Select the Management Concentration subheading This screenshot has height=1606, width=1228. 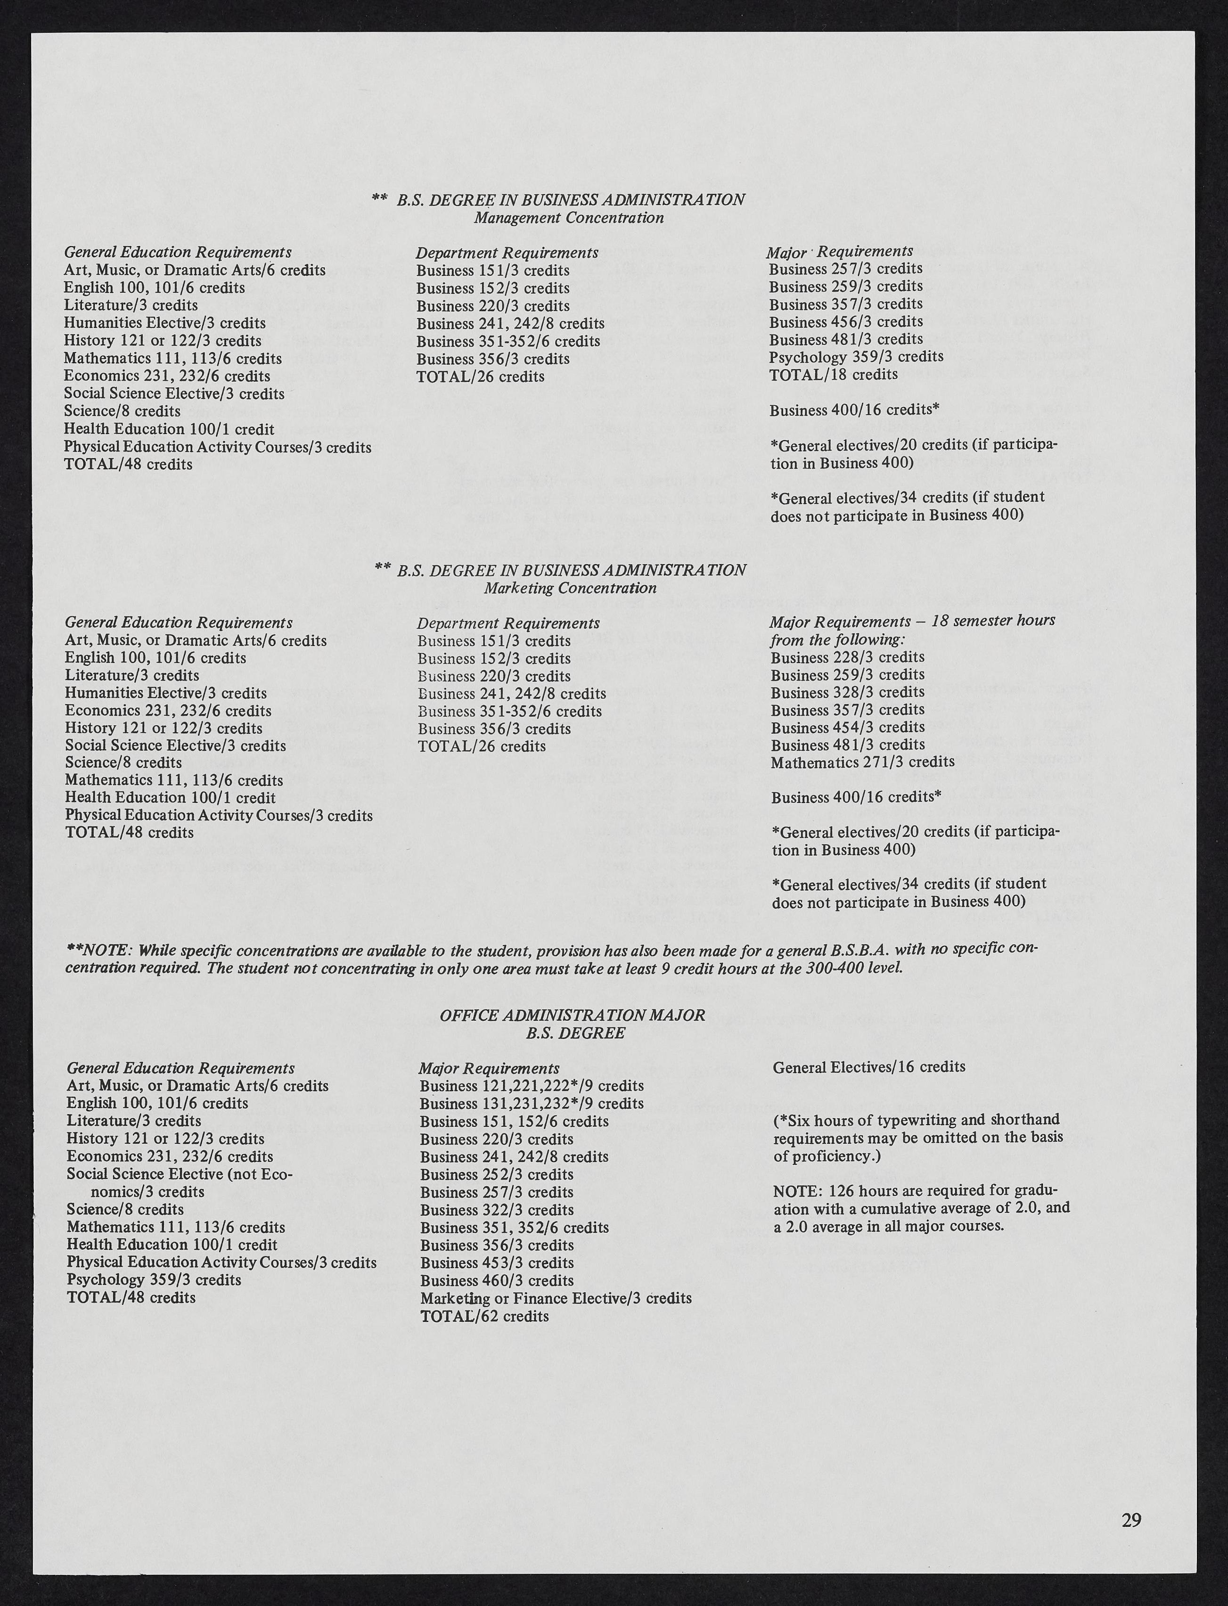pos(569,218)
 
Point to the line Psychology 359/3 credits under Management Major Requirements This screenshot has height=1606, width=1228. pos(855,357)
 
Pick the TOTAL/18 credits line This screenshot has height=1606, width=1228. pos(833,374)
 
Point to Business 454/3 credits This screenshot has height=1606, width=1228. pos(848,727)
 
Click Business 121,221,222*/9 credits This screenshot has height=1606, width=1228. pos(532,1086)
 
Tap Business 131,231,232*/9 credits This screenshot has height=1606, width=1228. pos(532,1103)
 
